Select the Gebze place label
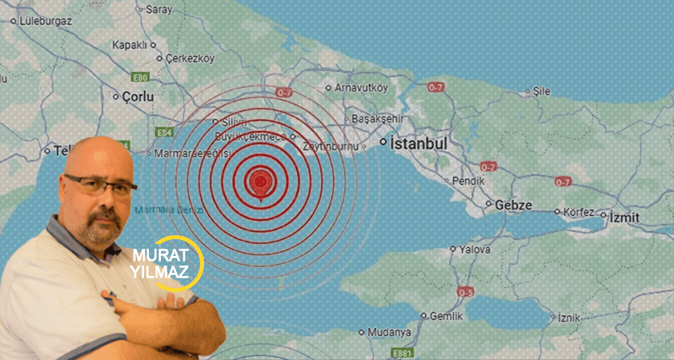pyautogui.click(x=513, y=206)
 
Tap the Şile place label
pyautogui.click(x=541, y=91)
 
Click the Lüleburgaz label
pyautogui.click(x=45, y=21)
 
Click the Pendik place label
pyautogui.click(x=468, y=182)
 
